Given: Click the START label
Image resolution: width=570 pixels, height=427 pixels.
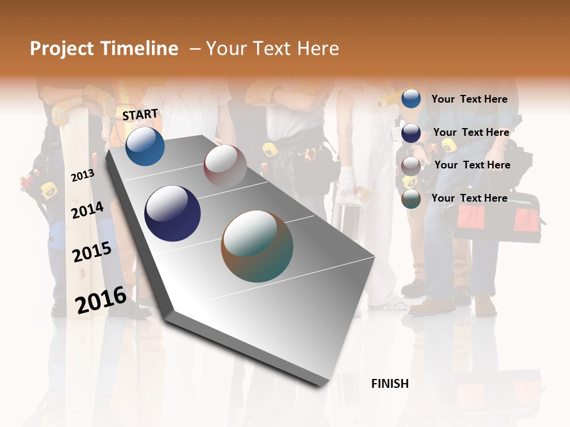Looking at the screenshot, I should point(140,114).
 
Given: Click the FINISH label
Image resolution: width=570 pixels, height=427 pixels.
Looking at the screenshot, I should point(389,384).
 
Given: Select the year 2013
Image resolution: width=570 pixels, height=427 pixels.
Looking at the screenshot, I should point(83,176).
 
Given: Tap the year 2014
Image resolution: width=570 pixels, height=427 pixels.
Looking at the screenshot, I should point(87,211).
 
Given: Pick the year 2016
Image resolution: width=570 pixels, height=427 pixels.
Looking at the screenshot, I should point(101,300).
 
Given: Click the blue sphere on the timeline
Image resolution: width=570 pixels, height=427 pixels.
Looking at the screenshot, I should point(145,146).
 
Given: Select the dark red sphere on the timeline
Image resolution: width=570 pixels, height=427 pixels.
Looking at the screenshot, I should point(225,165).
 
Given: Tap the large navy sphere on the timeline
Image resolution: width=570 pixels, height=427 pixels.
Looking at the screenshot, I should point(173,213).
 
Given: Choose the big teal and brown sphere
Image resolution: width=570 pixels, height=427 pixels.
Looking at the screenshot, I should point(257,246).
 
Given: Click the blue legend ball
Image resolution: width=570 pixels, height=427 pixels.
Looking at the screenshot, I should point(411,98).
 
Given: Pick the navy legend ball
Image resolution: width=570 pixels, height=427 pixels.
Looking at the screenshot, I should point(411,133).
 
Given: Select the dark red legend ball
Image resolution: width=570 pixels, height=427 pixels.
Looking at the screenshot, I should point(411,166).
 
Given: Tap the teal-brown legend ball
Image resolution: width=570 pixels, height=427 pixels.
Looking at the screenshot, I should point(411,199).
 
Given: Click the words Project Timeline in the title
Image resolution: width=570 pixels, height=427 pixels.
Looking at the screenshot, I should point(104,49).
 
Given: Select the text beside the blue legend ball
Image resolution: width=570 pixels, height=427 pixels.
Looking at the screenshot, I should point(469,99).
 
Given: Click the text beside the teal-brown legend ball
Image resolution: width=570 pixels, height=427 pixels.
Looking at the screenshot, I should point(469,198).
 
